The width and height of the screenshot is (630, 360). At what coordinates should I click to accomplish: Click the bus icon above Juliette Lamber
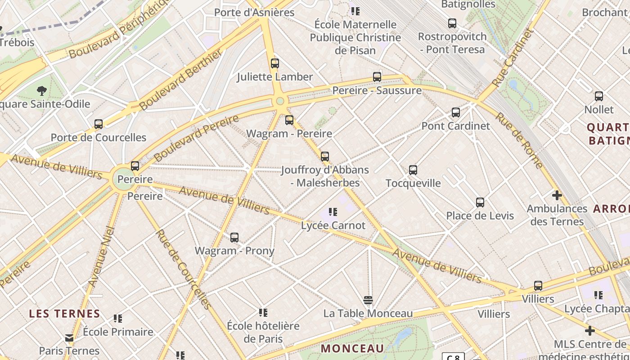275,64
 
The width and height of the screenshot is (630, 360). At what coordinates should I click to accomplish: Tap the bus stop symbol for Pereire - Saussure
377,77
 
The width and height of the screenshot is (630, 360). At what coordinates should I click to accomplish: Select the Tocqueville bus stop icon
413,170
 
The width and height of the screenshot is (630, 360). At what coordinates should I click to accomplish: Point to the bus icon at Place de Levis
480,202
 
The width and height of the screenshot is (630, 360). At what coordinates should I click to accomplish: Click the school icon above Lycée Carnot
333,212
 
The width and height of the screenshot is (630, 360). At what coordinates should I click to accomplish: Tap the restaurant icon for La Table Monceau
368,300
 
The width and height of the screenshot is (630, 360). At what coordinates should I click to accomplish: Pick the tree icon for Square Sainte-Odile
42,91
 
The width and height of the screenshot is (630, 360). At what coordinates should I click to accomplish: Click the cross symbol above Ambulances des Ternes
557,195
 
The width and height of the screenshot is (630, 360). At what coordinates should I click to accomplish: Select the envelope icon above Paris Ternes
69,337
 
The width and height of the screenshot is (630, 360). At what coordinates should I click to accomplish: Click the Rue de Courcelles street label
183,269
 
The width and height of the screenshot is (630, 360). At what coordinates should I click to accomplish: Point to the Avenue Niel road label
102,257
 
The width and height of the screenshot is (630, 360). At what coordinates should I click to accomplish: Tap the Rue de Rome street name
520,140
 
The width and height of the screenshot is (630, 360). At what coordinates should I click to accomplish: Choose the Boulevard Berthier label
181,80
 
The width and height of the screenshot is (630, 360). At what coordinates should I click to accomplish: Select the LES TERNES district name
65,314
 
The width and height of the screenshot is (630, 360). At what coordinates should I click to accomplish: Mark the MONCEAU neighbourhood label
353,348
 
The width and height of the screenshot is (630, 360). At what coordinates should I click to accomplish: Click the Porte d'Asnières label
254,12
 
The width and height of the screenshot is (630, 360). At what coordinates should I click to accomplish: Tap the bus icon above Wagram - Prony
234,238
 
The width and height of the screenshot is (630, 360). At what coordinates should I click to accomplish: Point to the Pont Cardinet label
455,126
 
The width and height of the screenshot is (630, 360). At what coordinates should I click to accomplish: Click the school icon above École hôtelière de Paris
263,312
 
